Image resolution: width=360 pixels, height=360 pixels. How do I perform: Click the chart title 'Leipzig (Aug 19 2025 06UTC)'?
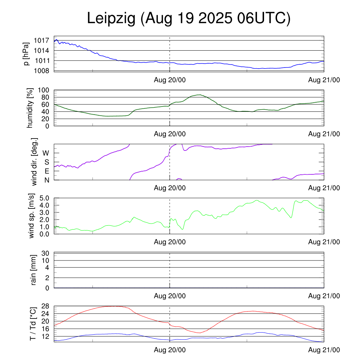click(189, 19)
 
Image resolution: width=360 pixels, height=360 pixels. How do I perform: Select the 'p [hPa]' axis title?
click(27, 54)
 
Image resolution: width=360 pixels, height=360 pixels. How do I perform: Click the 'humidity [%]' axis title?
click(31, 108)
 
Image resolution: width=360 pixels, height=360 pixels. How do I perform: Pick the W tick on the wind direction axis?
click(46, 153)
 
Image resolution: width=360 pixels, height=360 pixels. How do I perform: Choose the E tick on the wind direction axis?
click(46, 171)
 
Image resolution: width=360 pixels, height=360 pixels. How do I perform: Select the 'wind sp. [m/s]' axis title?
click(32, 216)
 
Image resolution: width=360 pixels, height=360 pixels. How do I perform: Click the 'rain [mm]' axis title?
click(34, 270)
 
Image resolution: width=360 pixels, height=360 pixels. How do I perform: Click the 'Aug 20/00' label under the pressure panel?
click(170, 80)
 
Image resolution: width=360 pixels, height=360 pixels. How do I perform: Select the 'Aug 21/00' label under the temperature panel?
click(324, 350)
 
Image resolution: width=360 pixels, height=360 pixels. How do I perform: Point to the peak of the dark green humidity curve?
click(200, 95)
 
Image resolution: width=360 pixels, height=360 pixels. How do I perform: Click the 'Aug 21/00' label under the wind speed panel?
click(324, 242)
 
